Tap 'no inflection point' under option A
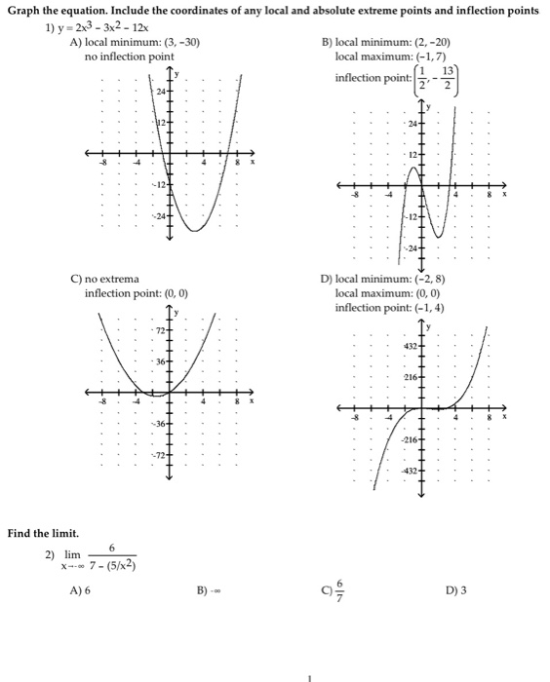coord(130,57)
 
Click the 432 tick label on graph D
coord(411,348)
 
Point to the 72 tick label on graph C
coord(156,333)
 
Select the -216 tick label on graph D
coord(410,441)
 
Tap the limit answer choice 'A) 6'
coord(79,589)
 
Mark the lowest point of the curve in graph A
coord(194,230)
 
